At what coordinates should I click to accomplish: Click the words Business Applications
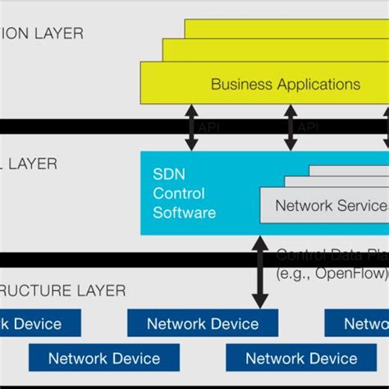(285, 84)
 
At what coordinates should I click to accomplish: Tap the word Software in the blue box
(185, 213)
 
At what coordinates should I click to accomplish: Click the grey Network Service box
(325, 205)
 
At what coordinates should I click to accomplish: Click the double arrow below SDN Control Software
(260, 271)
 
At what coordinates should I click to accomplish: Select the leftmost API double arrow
(191, 127)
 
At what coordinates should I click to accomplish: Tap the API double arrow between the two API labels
(289, 127)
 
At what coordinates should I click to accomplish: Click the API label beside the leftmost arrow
(209, 127)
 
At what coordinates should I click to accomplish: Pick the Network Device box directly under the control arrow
(203, 323)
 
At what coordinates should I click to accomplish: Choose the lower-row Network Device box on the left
(103, 358)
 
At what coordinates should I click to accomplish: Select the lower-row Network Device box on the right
(301, 358)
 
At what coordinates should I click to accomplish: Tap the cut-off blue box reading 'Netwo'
(358, 323)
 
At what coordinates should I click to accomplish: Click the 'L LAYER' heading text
(29, 163)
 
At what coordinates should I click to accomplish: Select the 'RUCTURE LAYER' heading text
(62, 291)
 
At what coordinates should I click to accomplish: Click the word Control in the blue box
(178, 194)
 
